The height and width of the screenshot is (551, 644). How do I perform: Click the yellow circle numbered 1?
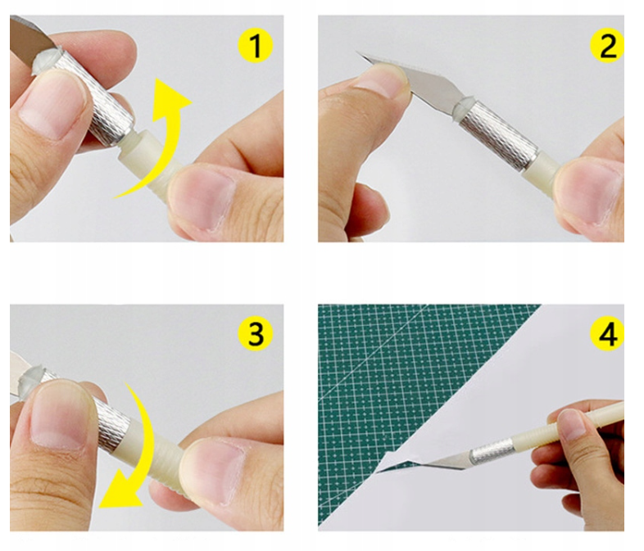(x=255, y=46)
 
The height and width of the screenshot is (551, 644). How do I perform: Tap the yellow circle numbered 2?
(x=607, y=46)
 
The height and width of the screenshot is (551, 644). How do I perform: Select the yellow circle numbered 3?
(x=255, y=333)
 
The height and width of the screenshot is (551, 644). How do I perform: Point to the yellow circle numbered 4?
(x=607, y=333)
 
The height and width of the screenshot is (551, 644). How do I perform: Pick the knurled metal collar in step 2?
(x=498, y=135)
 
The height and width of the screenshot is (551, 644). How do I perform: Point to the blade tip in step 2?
(x=356, y=52)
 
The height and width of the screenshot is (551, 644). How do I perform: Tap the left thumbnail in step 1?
(x=49, y=105)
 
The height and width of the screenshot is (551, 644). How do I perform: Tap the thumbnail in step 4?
(x=571, y=425)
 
